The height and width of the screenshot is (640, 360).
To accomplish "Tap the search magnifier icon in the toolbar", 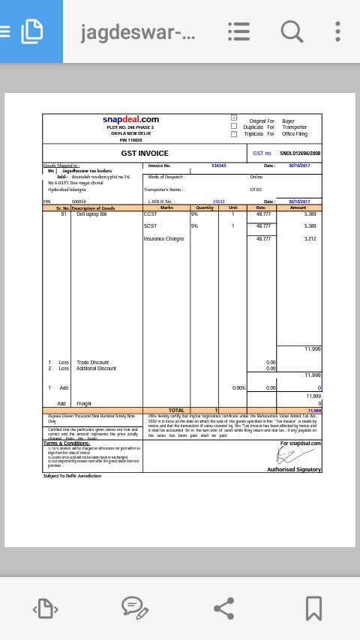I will pyautogui.click(x=292, y=31).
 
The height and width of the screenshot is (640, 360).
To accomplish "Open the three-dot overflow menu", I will pyautogui.click(x=337, y=31).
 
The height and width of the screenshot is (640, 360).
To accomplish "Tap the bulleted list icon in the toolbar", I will pyautogui.click(x=238, y=31).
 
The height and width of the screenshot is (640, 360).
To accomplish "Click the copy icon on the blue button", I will pyautogui.click(x=31, y=31).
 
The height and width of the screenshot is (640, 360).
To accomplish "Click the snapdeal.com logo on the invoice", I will pyautogui.click(x=130, y=119).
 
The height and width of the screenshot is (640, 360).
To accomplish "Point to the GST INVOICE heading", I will pyautogui.click(x=145, y=153).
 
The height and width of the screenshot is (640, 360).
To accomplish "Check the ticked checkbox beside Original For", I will pyautogui.click(x=234, y=118).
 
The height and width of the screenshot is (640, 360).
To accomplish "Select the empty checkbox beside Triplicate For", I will pyautogui.click(x=234, y=133).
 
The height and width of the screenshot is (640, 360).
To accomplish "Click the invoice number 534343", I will pyautogui.click(x=219, y=166).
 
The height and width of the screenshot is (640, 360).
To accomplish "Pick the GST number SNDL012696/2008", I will pyautogui.click(x=300, y=153).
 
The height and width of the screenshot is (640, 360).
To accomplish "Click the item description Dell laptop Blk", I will pyautogui.click(x=91, y=214).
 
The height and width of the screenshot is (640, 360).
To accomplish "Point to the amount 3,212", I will pyautogui.click(x=310, y=238).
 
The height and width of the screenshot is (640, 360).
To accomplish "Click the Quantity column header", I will pyautogui.click(x=205, y=208).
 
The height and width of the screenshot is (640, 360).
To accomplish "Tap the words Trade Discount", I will pyautogui.click(x=92, y=362).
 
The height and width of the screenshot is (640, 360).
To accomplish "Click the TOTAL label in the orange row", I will pyautogui.click(x=176, y=410).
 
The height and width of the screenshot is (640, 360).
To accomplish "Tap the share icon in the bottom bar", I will pyautogui.click(x=224, y=608).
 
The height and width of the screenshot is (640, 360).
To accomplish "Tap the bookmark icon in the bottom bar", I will pyautogui.click(x=313, y=608).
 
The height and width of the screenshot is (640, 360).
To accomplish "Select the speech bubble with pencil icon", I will pyautogui.click(x=134, y=608).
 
